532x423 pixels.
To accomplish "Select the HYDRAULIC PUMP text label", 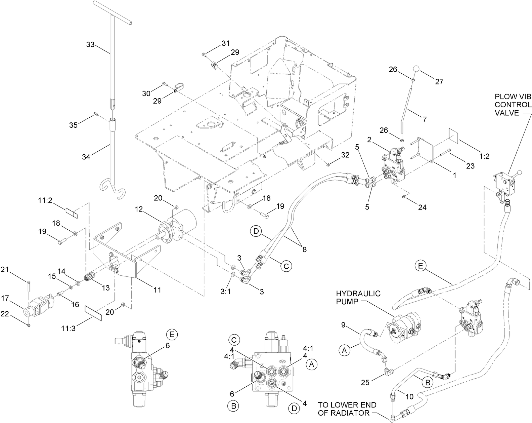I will pos(358,297).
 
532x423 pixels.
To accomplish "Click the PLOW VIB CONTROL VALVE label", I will pos(513,105).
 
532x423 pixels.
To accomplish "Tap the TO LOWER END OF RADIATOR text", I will pos(347,409).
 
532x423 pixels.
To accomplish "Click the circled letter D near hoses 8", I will pos(256,232).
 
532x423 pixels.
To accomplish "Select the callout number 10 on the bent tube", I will pos(409,397).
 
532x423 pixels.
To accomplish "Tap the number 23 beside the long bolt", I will pos(470,166).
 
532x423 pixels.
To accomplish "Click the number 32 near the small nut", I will pos(345,155).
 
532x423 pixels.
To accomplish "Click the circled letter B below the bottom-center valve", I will pos(233,406).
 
